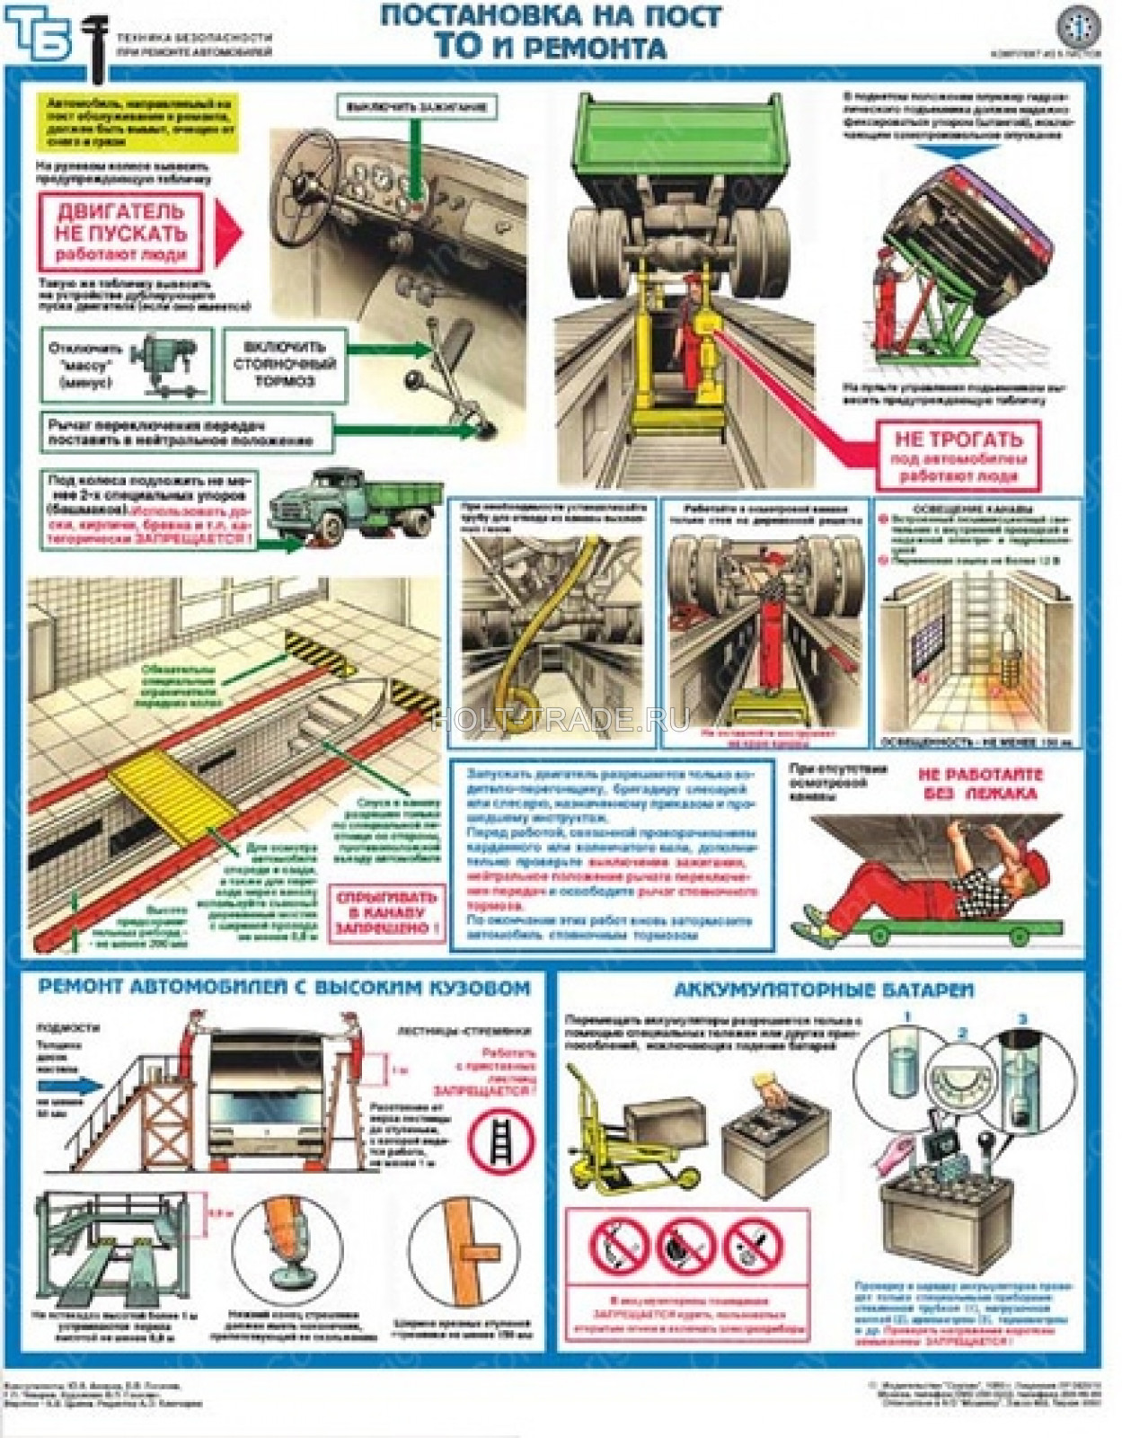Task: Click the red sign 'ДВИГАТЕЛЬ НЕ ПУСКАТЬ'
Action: point(120,232)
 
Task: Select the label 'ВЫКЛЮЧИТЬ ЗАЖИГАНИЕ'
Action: point(416,107)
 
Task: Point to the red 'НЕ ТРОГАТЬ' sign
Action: point(958,457)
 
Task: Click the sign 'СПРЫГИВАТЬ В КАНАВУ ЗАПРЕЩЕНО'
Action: point(386,914)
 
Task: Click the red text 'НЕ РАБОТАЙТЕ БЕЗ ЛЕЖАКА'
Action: point(980,784)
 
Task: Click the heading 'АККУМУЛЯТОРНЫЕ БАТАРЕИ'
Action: point(824,990)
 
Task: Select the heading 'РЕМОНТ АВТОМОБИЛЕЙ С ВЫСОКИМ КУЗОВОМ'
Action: point(284,987)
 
